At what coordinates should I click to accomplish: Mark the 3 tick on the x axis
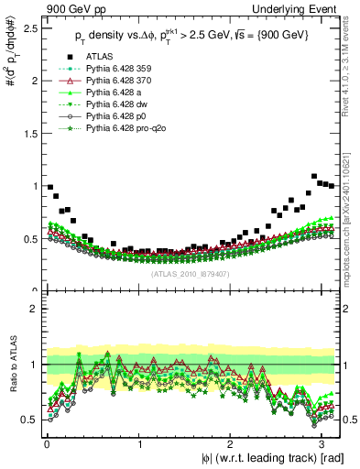(323, 443)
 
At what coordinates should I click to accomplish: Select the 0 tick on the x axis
(46, 443)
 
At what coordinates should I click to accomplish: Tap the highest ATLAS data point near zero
(50, 187)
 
